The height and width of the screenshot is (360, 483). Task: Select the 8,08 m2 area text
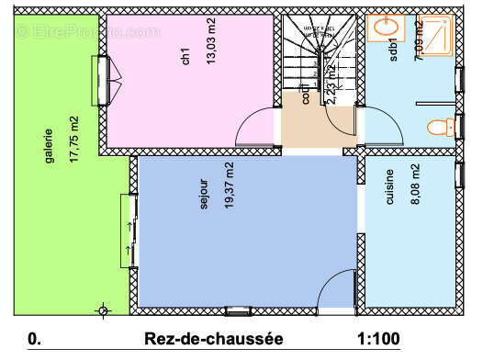pyautogui.click(x=415, y=184)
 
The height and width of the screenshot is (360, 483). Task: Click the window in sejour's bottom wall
pyautogui.click(x=237, y=310)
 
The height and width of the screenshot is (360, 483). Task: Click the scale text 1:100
pyautogui.click(x=378, y=339)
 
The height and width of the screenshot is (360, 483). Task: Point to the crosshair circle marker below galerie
pyautogui.click(x=102, y=310)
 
